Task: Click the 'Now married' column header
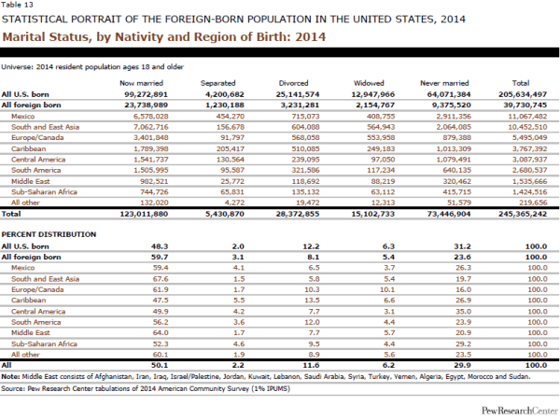(136, 83)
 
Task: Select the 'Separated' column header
(217, 83)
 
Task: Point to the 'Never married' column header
(445, 83)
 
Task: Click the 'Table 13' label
(16, 5)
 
